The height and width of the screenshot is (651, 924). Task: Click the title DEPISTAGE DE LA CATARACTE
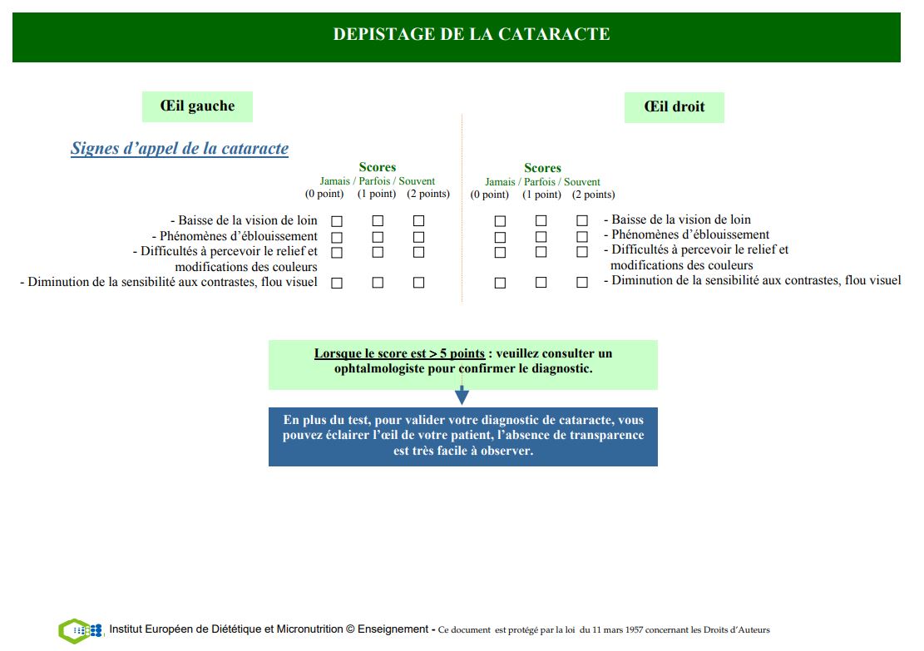472,34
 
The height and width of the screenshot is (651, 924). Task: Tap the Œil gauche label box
197,106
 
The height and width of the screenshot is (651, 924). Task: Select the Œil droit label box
674,107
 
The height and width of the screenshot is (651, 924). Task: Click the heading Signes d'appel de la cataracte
180,149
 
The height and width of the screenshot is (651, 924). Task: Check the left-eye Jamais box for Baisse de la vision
337,221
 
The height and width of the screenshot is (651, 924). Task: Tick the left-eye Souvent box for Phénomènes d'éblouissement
418,237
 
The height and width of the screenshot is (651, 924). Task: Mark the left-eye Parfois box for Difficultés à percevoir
378,252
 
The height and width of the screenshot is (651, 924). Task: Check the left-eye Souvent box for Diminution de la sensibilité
418,283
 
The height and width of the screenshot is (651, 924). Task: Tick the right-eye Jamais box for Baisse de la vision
500,221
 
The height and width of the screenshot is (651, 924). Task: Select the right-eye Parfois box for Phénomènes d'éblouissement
541,237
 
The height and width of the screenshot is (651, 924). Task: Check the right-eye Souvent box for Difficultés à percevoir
582,252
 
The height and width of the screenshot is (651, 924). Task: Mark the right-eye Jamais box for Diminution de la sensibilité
500,283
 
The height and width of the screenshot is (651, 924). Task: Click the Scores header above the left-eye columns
378,167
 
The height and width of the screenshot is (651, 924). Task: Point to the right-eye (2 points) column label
593,195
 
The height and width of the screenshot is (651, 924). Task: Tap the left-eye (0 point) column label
324,195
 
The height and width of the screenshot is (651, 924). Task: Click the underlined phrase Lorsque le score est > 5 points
399,353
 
